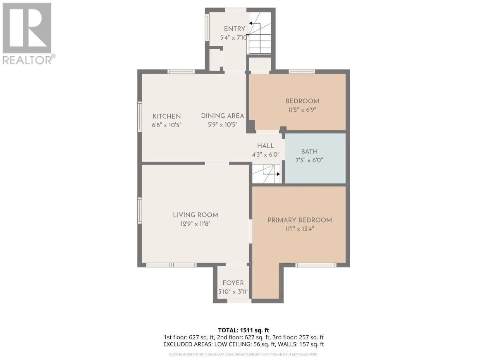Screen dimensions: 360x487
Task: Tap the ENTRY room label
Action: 234,29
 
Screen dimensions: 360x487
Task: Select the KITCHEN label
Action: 167,116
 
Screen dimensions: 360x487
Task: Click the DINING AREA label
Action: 222,116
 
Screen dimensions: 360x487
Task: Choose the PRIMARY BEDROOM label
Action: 300,220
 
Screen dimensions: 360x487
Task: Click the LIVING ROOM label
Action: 195,215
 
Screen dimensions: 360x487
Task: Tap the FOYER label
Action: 233,283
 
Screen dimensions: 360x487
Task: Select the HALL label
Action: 265,146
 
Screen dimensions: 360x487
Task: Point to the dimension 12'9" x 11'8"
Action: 195,224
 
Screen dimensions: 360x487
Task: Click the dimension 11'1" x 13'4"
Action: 300,229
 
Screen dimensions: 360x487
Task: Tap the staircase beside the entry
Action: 259,33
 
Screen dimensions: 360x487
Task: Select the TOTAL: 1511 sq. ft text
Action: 243,330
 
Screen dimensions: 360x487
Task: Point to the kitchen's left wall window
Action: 140,117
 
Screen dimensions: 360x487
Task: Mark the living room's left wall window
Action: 140,210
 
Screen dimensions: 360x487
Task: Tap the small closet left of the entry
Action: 215,60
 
